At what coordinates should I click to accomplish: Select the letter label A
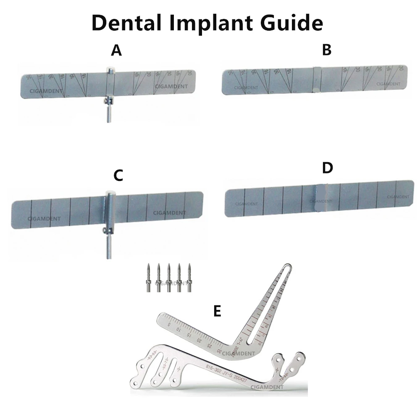click(x=116, y=51)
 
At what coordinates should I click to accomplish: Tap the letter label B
click(x=326, y=50)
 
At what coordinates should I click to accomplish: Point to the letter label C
click(x=118, y=176)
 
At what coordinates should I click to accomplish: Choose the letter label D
click(x=327, y=168)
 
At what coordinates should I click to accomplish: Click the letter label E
click(x=217, y=311)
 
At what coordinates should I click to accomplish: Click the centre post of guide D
click(x=322, y=198)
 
